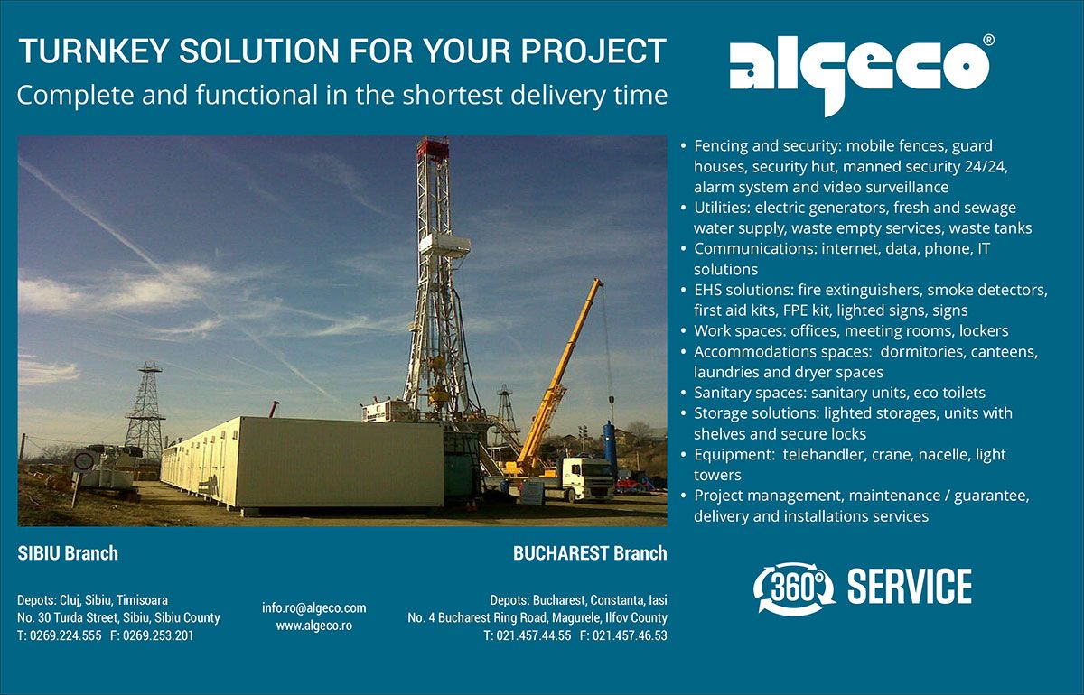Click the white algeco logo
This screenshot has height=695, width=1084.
coord(859,75)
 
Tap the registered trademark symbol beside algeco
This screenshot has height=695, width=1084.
coord(989,40)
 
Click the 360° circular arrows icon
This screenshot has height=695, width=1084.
coord(794,588)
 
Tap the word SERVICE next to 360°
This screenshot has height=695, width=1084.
coord(910,587)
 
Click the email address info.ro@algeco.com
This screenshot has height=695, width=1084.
coord(314,608)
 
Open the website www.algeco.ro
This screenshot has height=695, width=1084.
coord(314,625)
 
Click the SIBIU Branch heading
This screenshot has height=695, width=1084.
coord(68,553)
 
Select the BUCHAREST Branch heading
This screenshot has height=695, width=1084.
coord(590,553)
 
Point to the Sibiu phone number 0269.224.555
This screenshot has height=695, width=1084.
coord(66,635)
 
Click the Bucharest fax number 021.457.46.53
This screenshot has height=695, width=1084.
coord(630,635)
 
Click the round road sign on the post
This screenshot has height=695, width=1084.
coord(84,461)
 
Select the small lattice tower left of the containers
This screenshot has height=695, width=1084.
coord(145,410)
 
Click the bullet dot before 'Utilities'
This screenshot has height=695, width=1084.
coord(683,208)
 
